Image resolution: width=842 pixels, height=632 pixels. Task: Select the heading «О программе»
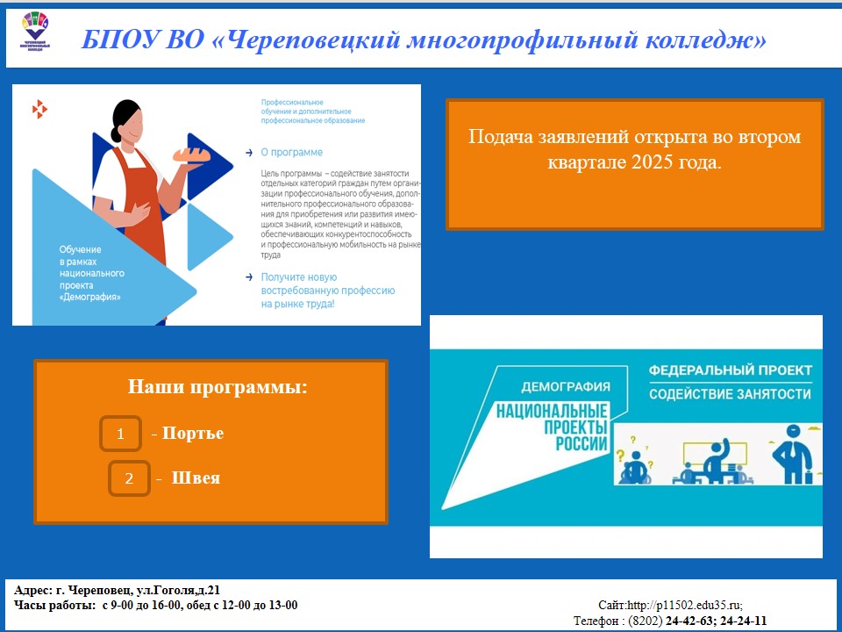coord(292,152)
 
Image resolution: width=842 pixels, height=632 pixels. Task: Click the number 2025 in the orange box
coord(650,162)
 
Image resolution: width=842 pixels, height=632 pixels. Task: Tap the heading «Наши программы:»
coord(218,386)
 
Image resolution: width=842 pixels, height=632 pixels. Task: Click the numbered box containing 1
coord(121,434)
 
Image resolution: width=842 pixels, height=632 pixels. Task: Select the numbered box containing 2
coord(129,479)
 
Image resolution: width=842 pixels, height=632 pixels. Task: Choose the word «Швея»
coord(196,478)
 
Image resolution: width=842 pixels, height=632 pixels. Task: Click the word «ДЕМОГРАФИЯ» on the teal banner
coord(565,386)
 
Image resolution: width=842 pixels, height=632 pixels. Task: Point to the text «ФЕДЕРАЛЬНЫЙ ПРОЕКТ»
coord(731,370)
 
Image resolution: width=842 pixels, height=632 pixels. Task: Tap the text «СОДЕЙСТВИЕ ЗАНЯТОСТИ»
coord(730,394)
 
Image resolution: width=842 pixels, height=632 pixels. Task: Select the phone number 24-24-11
coord(741,621)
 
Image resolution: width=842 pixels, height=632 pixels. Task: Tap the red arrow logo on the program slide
coord(39,109)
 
